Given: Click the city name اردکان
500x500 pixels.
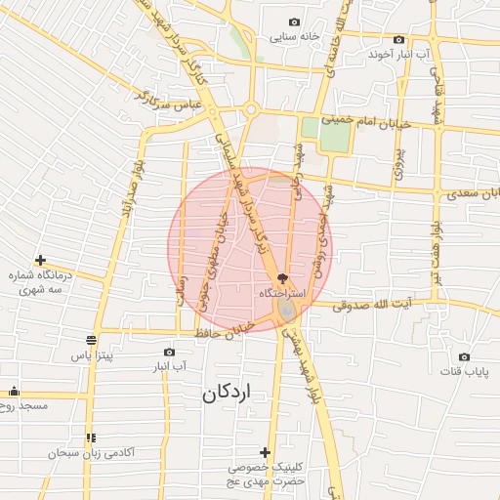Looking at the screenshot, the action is (227, 394).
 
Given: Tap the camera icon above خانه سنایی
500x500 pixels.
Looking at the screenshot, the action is (295, 21).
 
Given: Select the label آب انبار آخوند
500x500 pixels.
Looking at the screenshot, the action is (396, 54).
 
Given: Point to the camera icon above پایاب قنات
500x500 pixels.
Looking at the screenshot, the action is (463, 356).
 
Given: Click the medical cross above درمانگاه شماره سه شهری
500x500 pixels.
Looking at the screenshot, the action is (40, 260).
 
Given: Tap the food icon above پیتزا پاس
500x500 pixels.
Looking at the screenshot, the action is (92, 340).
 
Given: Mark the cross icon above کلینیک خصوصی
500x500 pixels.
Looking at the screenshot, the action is (265, 452).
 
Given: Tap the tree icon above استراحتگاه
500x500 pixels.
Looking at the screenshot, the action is (283, 278).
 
